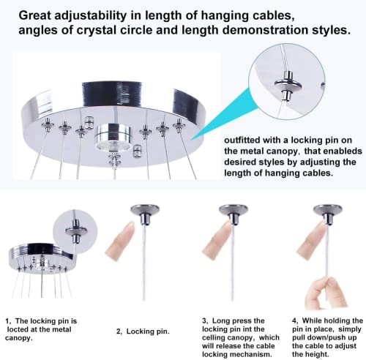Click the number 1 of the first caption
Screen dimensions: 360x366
coord(7,320)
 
